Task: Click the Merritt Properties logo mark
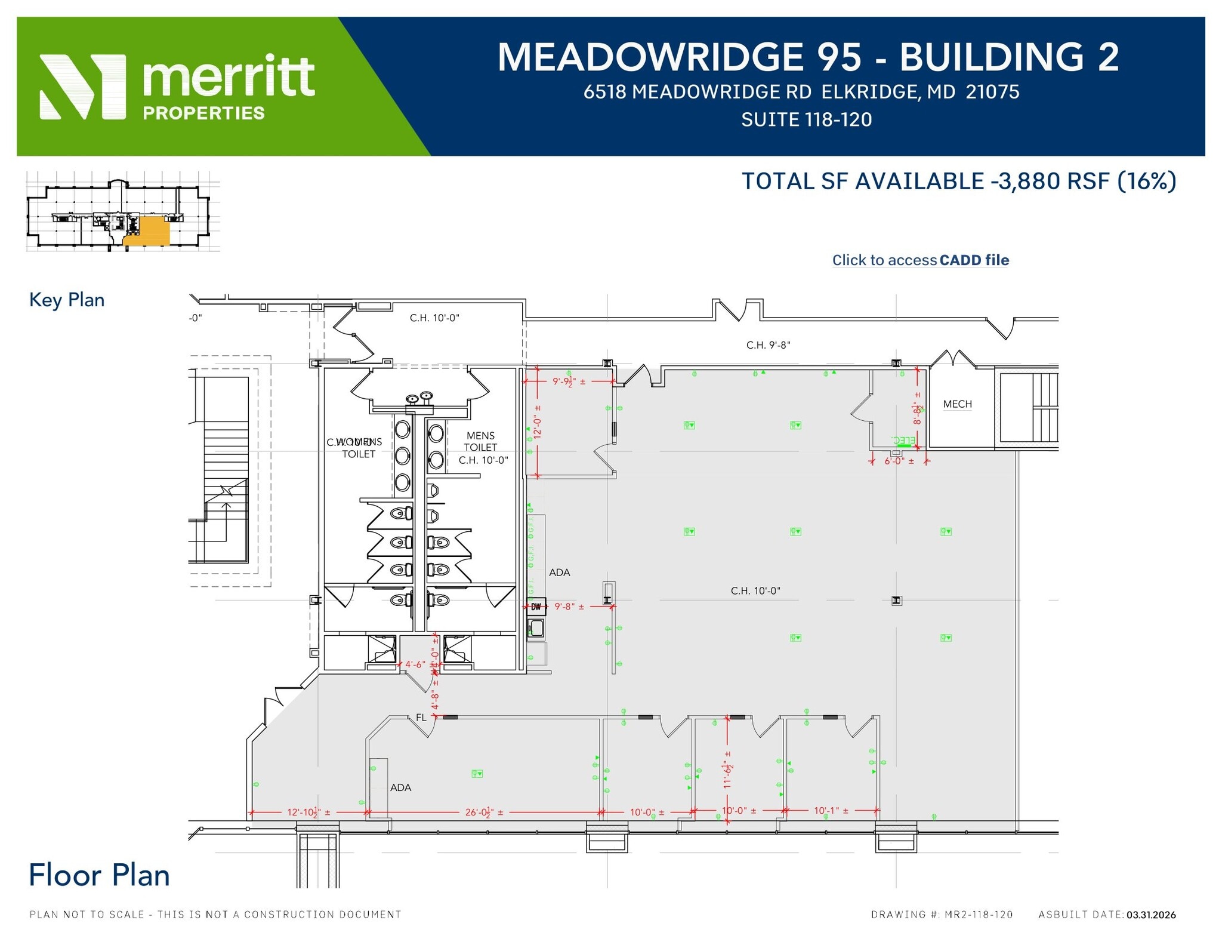82,87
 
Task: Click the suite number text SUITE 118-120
806,120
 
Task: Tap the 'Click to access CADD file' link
920,260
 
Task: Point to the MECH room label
957,404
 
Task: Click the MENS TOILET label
480,442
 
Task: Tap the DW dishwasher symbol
536,607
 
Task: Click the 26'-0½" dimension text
484,812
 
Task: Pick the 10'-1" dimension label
830,811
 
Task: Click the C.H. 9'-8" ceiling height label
768,345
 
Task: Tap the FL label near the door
421,718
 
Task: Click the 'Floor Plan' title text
100,875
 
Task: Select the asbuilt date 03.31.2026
1151,915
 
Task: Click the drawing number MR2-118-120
979,915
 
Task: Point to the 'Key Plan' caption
67,300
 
